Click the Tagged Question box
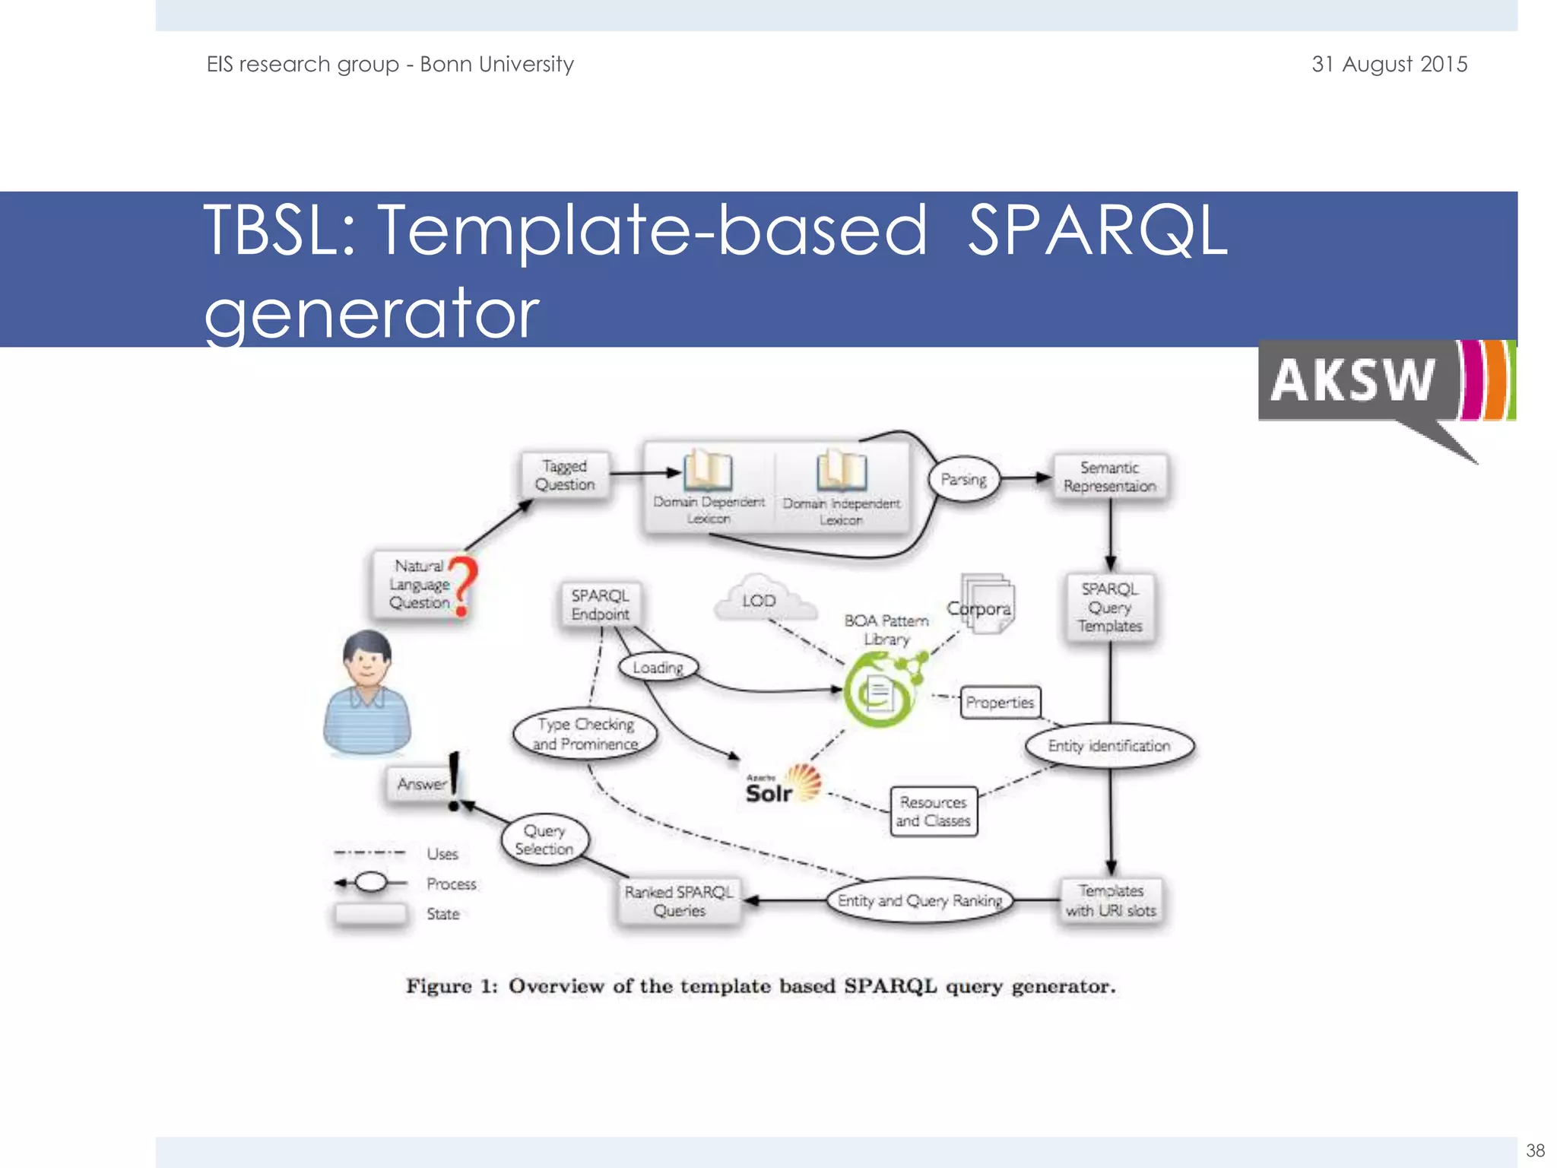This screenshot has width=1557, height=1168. click(564, 475)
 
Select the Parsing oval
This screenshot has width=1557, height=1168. click(964, 479)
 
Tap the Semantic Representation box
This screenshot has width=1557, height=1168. click(1110, 477)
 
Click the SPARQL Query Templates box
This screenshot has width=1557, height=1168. click(1110, 608)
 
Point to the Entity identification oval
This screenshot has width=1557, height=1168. click(1109, 746)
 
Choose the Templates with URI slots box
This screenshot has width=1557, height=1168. click(1111, 900)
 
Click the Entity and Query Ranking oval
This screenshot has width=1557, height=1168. click(920, 900)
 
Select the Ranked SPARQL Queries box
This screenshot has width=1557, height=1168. click(679, 901)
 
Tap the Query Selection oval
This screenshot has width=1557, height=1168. click(544, 840)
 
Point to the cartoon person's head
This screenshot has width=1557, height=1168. click(367, 659)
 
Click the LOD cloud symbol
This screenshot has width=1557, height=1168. click(763, 600)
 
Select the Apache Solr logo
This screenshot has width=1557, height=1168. click(782, 786)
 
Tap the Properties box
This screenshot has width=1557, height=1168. click(1000, 703)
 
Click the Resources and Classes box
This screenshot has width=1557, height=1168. click(933, 811)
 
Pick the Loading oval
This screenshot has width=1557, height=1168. click(658, 668)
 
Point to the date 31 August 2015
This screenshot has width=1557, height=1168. click(1389, 64)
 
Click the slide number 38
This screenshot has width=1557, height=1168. click(1535, 1150)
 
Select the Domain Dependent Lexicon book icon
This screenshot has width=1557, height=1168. click(708, 470)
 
